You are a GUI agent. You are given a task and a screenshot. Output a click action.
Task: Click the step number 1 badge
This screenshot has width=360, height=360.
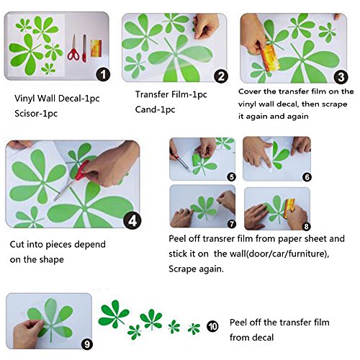(103, 75)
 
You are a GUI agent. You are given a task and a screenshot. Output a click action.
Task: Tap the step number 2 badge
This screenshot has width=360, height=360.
(221, 76)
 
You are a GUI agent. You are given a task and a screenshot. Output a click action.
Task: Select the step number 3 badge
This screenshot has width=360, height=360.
(341, 77)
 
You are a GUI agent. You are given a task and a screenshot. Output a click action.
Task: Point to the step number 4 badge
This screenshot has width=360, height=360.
(132, 220)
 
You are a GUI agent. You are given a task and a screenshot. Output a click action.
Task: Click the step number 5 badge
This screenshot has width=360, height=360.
(232, 177)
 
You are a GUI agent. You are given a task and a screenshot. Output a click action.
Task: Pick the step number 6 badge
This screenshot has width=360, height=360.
(307, 177)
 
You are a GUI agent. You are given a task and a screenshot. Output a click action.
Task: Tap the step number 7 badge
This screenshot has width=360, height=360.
(232, 224)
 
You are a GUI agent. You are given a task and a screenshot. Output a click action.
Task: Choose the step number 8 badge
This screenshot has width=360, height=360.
(306, 226)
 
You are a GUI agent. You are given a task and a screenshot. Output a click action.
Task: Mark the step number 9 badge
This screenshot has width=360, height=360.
(87, 344)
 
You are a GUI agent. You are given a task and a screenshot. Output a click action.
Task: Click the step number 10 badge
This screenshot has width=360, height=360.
(212, 326)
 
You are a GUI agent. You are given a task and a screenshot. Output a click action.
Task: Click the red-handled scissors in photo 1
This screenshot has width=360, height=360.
(73, 48)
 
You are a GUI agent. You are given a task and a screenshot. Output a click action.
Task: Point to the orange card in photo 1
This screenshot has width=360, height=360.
(96, 48)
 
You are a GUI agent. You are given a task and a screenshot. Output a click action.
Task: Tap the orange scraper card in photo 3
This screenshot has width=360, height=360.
(270, 57)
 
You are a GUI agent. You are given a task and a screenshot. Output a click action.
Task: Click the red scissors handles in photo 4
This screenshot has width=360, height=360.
(81, 171)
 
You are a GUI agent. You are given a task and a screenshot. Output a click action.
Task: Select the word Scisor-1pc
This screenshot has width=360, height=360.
(36, 113)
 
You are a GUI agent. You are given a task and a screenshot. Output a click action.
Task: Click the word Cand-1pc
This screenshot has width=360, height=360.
(155, 109)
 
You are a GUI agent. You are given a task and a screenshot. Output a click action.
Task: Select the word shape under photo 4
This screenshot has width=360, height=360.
(52, 260)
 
